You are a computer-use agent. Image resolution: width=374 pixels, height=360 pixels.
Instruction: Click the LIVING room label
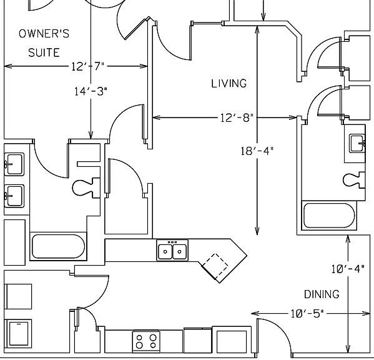pyautogui.click(x=229, y=83)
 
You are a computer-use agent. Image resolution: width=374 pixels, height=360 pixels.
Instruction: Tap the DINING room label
pyautogui.click(x=322, y=294)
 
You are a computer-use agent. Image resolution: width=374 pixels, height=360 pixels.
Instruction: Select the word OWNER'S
pyautogui.click(x=44, y=34)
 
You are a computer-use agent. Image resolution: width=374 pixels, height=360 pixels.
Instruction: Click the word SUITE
pyautogui.click(x=44, y=52)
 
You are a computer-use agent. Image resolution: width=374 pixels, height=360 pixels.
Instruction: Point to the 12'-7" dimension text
pyautogui.click(x=88, y=66)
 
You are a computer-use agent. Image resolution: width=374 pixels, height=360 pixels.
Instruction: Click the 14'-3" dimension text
pyautogui.click(x=91, y=91)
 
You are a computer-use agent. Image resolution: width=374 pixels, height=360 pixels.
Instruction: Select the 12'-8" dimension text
pyautogui.click(x=237, y=117)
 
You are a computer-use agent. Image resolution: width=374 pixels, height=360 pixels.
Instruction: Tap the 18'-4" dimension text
pyautogui.click(x=257, y=151)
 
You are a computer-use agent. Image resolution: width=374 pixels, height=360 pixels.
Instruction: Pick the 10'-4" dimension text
pyautogui.click(x=348, y=269)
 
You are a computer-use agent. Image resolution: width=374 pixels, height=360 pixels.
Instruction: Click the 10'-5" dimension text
pyautogui.click(x=307, y=314)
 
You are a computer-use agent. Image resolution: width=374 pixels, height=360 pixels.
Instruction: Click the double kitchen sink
pyautogui.click(x=172, y=250)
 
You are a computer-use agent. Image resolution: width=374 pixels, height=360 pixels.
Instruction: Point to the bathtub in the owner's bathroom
pyautogui.click(x=58, y=246)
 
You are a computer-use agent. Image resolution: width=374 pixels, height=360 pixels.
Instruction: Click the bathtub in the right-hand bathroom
pyautogui.click(x=329, y=216)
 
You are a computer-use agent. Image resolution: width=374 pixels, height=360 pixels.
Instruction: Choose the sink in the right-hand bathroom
pyautogui.click(x=357, y=143)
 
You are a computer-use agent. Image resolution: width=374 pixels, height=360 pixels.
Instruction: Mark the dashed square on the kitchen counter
pyautogui.click(x=215, y=265)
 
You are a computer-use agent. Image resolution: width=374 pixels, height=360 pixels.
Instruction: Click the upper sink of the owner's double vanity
pyautogui.click(x=14, y=164)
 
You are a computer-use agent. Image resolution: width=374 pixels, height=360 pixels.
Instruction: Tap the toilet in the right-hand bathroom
pyautogui.click(x=354, y=180)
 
